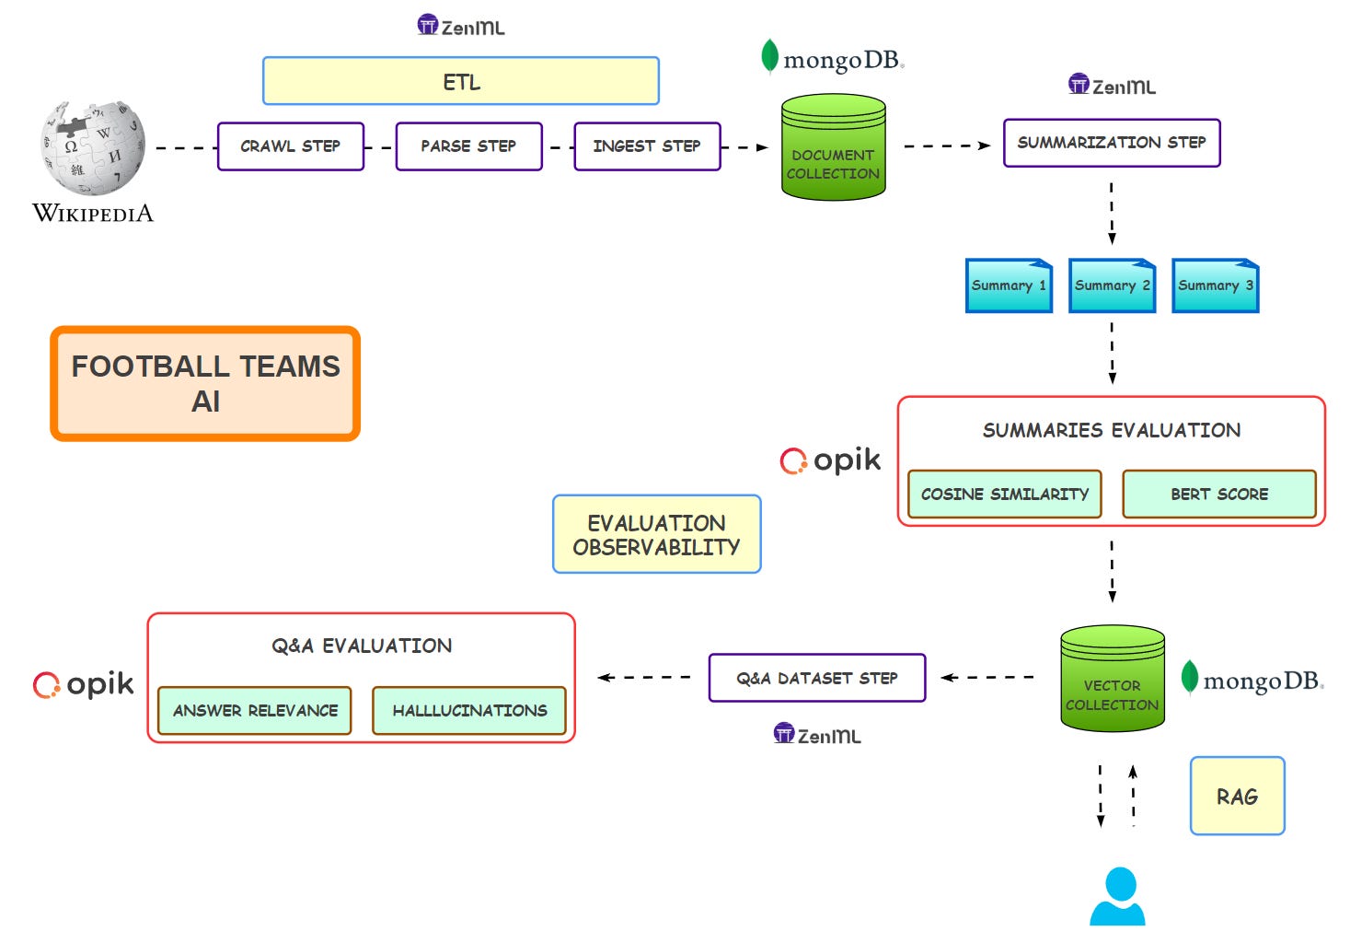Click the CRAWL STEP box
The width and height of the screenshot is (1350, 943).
click(x=291, y=146)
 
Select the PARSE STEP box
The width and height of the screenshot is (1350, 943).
click(x=468, y=146)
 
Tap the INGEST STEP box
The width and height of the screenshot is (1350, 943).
click(x=647, y=146)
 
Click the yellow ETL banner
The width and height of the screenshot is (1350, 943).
click(x=461, y=82)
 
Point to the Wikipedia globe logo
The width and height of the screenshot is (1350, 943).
click(x=93, y=148)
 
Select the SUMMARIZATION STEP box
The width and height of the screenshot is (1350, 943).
click(x=1111, y=143)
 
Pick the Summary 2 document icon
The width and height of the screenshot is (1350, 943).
click(x=1112, y=285)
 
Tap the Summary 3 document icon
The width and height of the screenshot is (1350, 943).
click(x=1215, y=285)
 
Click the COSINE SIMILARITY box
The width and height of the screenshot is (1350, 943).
click(x=1004, y=495)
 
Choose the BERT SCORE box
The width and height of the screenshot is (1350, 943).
click(x=1218, y=495)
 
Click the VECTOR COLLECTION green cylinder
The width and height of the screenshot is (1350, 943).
click(x=1112, y=680)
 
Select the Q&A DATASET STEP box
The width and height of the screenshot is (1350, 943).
click(x=816, y=679)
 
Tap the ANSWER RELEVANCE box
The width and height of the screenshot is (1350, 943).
click(x=255, y=711)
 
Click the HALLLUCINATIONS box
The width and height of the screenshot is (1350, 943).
click(x=469, y=711)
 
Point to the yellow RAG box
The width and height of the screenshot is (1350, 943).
click(x=1237, y=797)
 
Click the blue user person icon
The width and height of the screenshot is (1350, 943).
click(x=1118, y=897)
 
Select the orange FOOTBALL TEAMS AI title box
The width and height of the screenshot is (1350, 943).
click(x=205, y=384)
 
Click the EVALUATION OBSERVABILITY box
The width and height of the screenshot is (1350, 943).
click(x=656, y=535)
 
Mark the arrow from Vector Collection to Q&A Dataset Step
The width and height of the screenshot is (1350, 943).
click(x=987, y=678)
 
